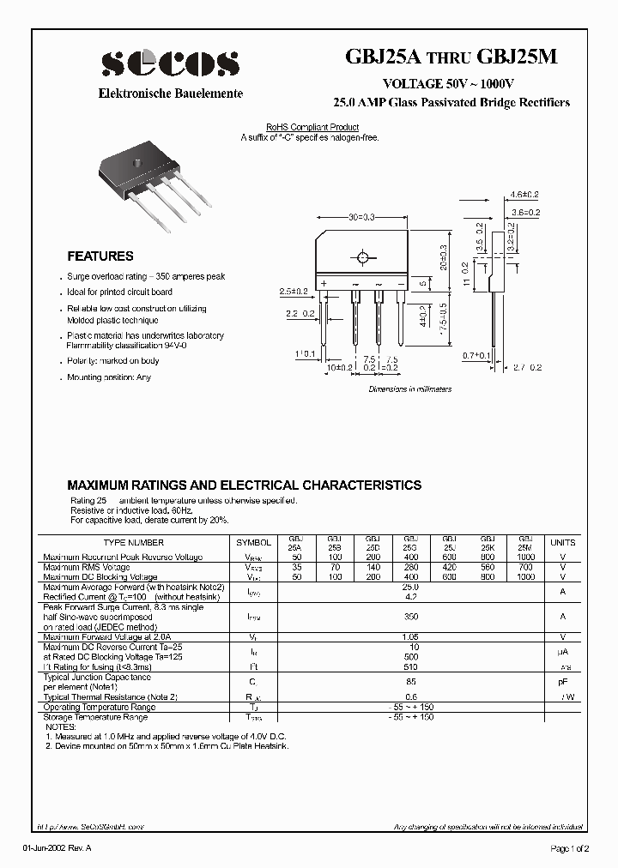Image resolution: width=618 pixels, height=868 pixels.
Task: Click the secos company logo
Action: click(170, 63)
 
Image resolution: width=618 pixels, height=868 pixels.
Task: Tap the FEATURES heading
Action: click(100, 256)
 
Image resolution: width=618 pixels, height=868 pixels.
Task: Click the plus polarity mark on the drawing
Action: click(324, 282)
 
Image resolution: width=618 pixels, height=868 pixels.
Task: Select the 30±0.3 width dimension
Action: click(361, 218)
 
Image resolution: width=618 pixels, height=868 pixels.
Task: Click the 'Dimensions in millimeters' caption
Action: click(409, 389)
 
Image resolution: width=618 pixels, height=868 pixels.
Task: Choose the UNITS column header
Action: click(563, 543)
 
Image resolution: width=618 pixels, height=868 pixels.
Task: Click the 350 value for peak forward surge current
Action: click(410, 616)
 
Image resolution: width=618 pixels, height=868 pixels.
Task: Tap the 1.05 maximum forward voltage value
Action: click(410, 637)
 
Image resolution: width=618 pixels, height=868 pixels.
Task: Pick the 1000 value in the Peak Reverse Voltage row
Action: click(524, 558)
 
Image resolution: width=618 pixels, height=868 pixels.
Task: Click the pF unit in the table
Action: click(563, 683)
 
